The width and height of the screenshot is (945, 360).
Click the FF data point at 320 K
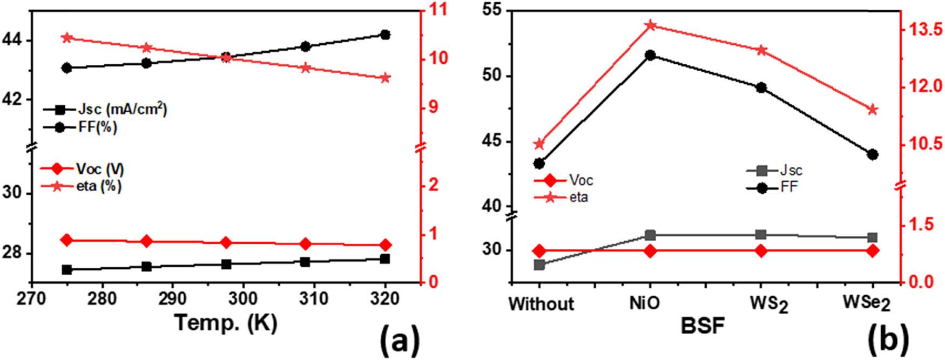point(385,35)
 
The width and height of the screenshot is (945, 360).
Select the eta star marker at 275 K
point(67,38)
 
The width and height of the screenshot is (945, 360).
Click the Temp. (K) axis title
point(226,323)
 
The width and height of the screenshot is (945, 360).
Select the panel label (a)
point(400,341)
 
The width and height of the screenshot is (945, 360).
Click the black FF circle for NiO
point(650,55)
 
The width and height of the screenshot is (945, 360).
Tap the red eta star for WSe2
point(872,110)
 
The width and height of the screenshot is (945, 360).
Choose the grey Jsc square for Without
point(539,264)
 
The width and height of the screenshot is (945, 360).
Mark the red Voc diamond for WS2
point(761,250)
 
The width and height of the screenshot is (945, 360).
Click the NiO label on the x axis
point(644,303)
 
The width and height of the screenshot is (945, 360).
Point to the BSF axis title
point(702,326)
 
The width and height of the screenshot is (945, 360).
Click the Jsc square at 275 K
point(67,269)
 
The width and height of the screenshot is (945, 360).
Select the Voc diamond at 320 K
point(385,245)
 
